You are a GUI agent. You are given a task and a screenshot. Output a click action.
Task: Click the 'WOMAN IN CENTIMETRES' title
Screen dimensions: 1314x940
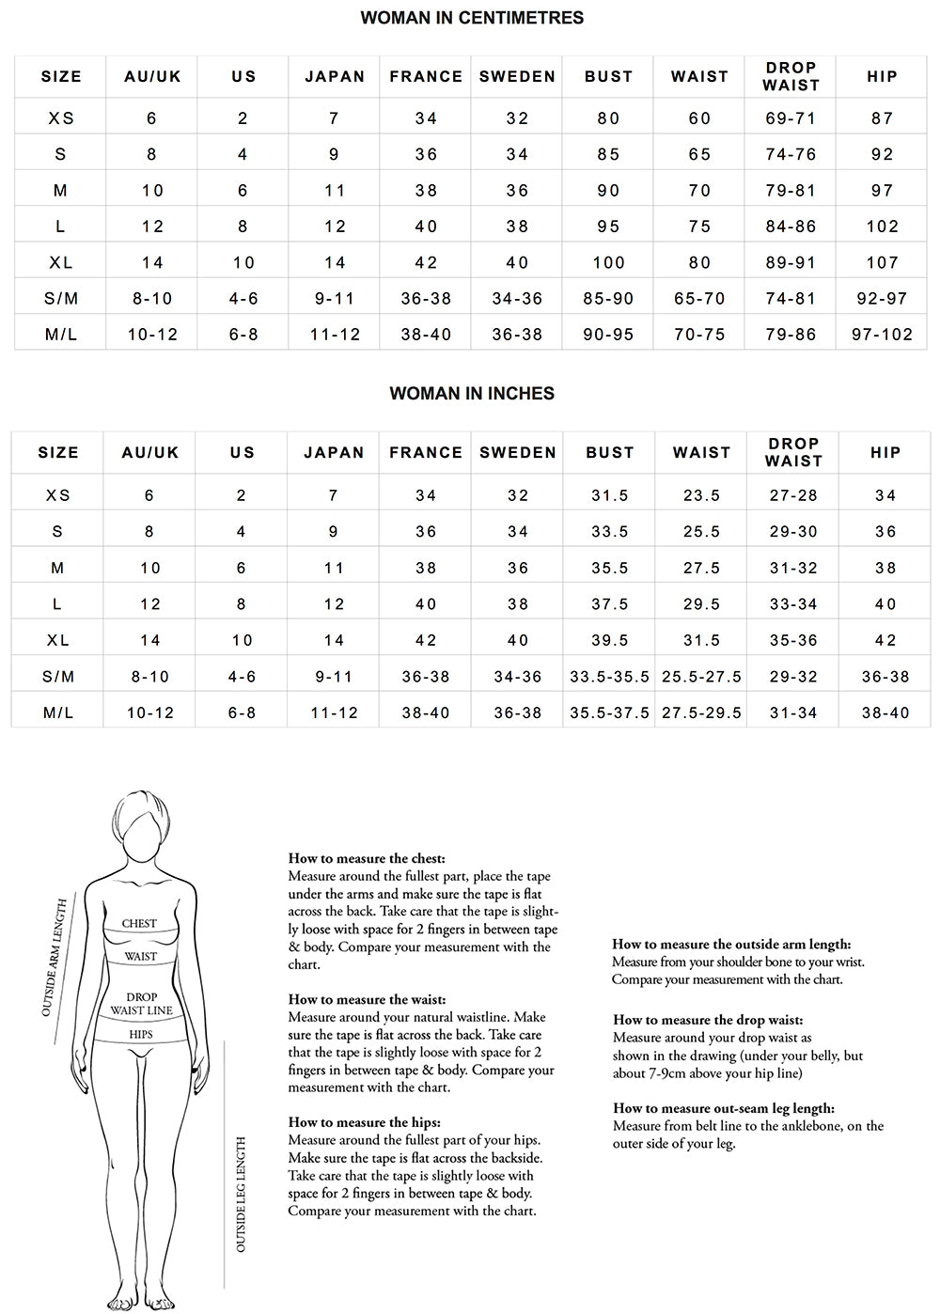(472, 18)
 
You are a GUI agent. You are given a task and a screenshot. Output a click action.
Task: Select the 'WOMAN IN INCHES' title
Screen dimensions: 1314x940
(472, 394)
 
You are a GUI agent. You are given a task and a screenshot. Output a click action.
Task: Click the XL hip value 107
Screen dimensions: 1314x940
(883, 262)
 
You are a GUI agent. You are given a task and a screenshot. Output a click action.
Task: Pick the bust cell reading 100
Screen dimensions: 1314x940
(609, 262)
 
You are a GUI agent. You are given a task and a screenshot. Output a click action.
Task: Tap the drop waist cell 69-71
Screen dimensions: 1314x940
(791, 118)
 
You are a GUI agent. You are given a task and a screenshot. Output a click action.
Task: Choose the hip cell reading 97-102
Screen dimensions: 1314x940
(883, 335)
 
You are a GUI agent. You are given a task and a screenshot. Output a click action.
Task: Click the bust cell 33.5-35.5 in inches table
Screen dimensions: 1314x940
(610, 677)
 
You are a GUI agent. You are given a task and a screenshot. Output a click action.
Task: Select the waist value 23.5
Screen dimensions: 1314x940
(702, 495)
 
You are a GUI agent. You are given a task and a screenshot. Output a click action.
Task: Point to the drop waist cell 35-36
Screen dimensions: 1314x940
(794, 640)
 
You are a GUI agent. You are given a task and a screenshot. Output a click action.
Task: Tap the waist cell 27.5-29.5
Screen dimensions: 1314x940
(702, 712)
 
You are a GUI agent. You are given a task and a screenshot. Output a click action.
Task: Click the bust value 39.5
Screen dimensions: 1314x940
(610, 640)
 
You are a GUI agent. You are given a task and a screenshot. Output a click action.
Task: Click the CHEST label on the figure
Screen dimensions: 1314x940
(139, 924)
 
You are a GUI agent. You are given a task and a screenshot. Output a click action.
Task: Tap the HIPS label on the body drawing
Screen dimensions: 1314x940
(141, 1035)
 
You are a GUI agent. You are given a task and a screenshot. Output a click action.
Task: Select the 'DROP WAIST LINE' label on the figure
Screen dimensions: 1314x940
(141, 1004)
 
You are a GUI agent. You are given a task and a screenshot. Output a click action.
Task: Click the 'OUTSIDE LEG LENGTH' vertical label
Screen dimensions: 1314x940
(242, 1195)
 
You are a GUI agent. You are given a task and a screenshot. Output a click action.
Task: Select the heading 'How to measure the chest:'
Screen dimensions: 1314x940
(367, 858)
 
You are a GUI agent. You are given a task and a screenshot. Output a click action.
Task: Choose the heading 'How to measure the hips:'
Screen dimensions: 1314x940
(365, 1122)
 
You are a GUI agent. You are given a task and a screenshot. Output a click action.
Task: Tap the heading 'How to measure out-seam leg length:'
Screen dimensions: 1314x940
(724, 1108)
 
